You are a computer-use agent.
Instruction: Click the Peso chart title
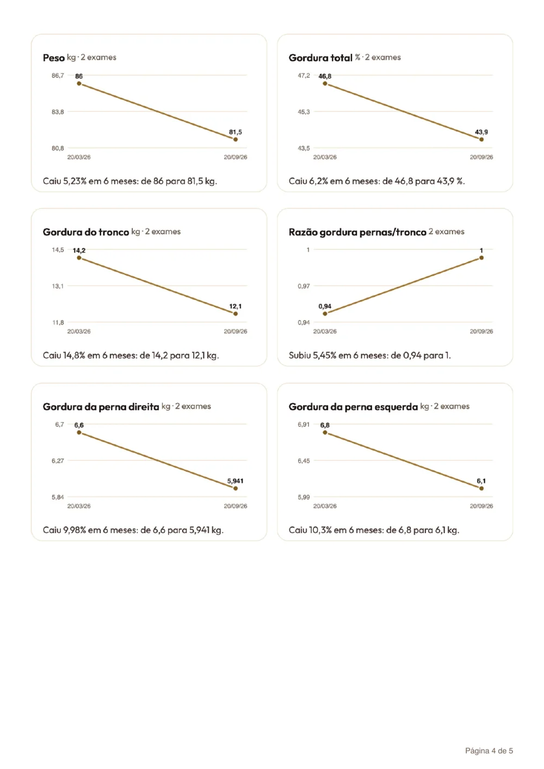pos(54,58)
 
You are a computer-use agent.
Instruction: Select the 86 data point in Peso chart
pos(79,84)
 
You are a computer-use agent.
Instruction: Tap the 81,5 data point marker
pos(236,139)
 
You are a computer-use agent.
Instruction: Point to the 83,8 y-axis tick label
pos(58,112)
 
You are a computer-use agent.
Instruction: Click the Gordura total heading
pos(320,58)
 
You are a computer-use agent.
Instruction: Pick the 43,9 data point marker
pos(481,139)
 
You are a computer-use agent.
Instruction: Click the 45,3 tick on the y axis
pos(304,112)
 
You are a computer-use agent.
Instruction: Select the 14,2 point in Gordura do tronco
pos(79,258)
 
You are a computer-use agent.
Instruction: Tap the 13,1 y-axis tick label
pos(58,286)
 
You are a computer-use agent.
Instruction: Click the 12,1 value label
pos(236,306)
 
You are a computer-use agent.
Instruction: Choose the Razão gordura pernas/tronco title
pos(357,232)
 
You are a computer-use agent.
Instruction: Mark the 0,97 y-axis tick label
pos(304,286)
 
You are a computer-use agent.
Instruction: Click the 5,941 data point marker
pos(236,488)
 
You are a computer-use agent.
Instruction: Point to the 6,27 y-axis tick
pos(58,461)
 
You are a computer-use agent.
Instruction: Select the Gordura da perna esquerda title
pos(353,407)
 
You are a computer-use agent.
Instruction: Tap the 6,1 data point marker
pos(481,488)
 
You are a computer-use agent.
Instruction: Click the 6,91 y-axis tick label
pos(304,424)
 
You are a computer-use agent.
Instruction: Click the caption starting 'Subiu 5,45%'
pos(370,355)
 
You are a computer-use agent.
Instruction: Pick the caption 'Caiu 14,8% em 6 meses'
pos(131,355)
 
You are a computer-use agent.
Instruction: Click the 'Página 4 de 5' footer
pos(489,751)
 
